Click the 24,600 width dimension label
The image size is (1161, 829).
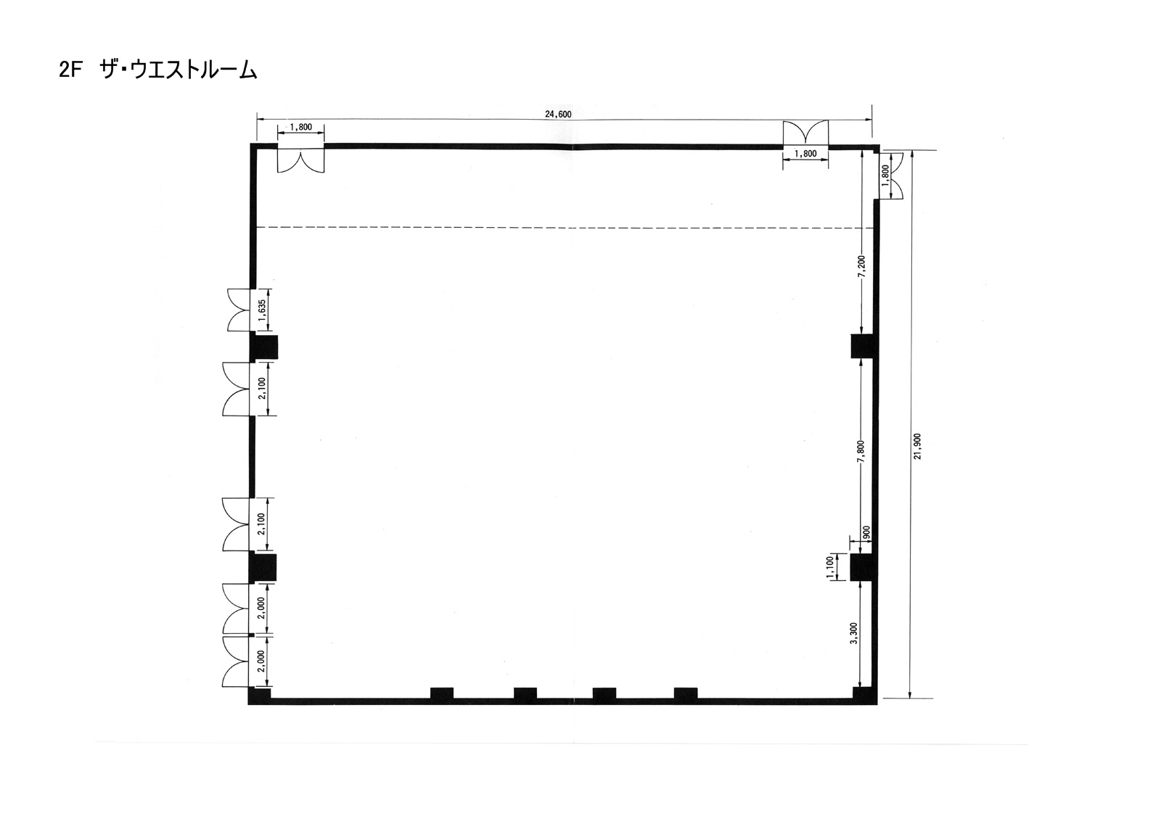(x=558, y=115)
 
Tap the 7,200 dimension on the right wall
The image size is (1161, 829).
(x=861, y=267)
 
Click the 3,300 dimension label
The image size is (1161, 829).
(x=854, y=632)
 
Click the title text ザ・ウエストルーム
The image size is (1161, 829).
(x=179, y=70)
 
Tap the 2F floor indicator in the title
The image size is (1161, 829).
(x=71, y=70)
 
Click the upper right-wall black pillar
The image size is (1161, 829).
(x=863, y=347)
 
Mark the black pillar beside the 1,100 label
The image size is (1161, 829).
(x=863, y=567)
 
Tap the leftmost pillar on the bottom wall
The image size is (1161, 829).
(x=442, y=693)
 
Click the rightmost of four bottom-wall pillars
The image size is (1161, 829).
(x=686, y=693)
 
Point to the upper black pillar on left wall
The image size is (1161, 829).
(x=264, y=347)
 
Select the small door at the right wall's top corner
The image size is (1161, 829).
(x=892, y=176)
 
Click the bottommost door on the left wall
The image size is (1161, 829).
(x=236, y=661)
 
